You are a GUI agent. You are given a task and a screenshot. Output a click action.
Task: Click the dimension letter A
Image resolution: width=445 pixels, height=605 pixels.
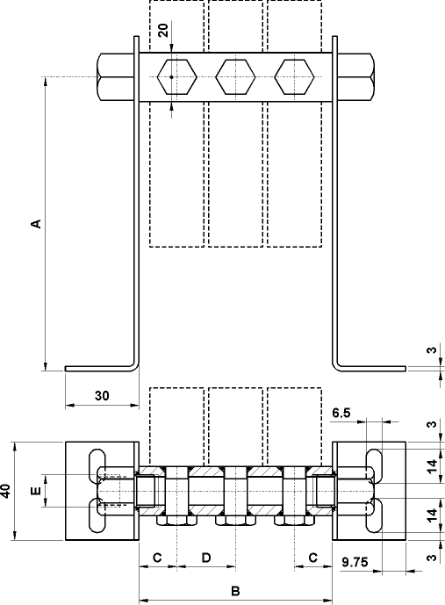pyautogui.click(x=36, y=224)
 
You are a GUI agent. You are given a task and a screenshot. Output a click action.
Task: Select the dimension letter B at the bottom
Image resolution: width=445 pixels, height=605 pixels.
pyautogui.click(x=235, y=591)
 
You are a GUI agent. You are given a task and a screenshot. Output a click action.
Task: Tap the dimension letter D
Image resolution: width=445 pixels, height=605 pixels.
pyautogui.click(x=206, y=557)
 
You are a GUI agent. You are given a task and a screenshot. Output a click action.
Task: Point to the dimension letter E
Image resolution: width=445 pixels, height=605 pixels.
pyautogui.click(x=36, y=492)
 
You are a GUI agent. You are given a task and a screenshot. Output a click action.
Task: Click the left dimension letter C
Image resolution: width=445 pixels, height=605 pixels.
pyautogui.click(x=158, y=557)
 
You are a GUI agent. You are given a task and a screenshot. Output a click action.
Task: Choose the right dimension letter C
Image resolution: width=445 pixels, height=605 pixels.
pyautogui.click(x=312, y=557)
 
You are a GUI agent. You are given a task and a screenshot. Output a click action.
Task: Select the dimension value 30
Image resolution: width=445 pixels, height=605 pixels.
pyautogui.click(x=101, y=396)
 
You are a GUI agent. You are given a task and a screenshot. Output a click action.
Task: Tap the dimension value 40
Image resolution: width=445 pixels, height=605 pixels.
pyautogui.click(x=8, y=491)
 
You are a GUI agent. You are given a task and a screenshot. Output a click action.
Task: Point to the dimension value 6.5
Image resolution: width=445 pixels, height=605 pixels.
pyautogui.click(x=342, y=412)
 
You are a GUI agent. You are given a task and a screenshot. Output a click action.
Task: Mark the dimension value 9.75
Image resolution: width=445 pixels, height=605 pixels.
pyautogui.click(x=355, y=558)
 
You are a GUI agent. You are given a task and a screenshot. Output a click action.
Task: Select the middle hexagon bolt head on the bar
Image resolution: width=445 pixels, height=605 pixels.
pyautogui.click(x=234, y=77)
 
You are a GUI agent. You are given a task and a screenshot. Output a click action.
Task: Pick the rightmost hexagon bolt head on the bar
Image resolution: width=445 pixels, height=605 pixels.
pyautogui.click(x=293, y=77)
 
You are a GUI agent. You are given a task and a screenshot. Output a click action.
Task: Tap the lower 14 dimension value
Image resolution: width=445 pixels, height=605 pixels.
pyautogui.click(x=430, y=515)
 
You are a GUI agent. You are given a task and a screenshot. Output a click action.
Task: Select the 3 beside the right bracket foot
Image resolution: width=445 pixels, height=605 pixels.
pyautogui.click(x=430, y=351)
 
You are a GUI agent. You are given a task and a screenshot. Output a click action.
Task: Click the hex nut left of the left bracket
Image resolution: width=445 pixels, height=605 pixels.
pyautogui.click(x=116, y=77)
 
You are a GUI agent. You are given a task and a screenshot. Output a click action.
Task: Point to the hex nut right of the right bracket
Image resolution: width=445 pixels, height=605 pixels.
pyautogui.click(x=354, y=77)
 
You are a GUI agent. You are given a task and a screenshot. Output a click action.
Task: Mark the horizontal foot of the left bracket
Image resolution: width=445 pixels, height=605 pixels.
pyautogui.click(x=98, y=369)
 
